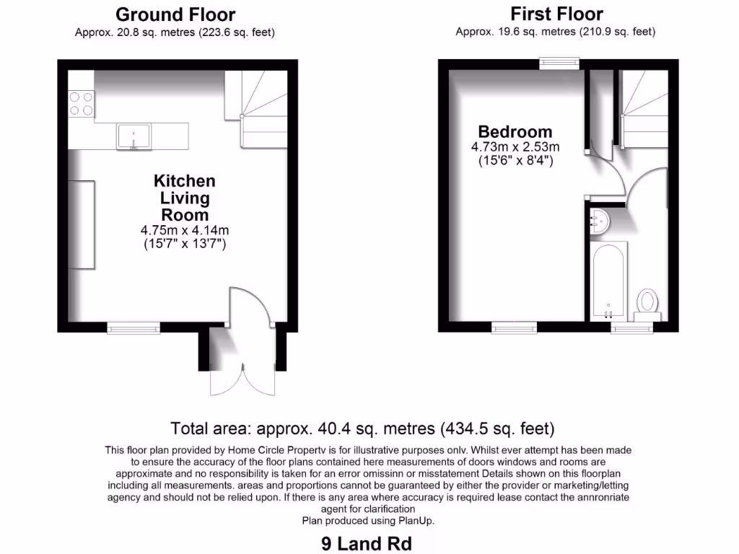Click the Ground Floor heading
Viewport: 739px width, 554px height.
175,14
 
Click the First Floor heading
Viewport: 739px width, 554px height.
556,14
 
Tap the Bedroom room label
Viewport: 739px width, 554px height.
515,132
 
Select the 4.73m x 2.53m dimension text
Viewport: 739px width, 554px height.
515,147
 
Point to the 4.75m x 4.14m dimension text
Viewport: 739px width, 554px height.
184,230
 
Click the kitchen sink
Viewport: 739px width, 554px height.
134,136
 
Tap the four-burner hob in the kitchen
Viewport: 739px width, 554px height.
81,103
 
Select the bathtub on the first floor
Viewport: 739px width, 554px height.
607,281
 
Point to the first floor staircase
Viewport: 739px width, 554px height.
642,108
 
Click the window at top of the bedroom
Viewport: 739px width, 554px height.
561,63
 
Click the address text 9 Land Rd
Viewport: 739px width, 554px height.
367,542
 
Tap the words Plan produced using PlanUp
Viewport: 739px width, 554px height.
369,520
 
